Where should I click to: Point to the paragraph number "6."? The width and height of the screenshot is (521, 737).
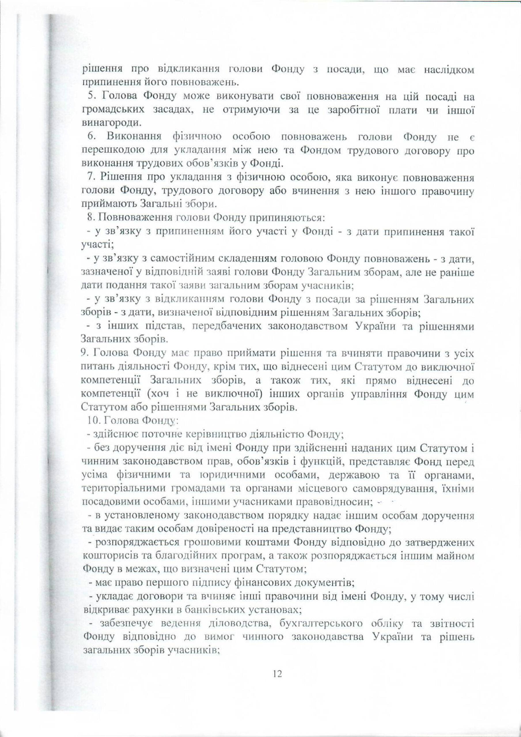click(x=92, y=137)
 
